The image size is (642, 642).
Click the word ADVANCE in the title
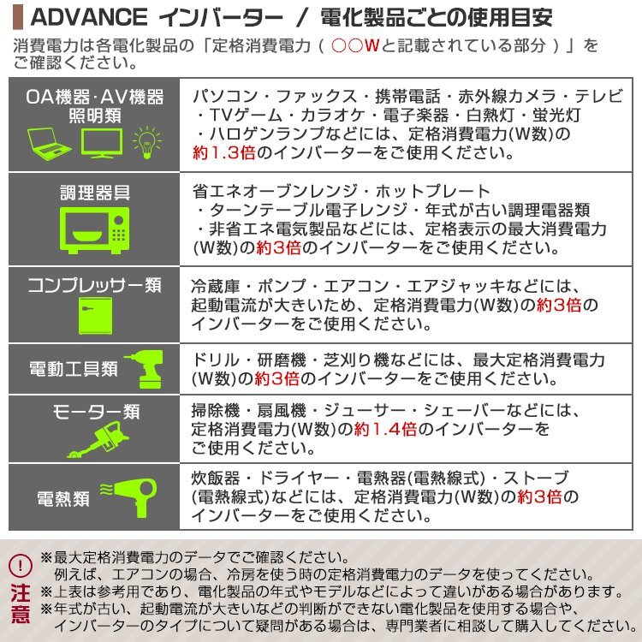(80, 17)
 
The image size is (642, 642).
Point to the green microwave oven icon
(94, 230)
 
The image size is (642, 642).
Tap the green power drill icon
(142, 369)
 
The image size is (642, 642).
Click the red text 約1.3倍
(224, 154)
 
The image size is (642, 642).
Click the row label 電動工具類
(74, 370)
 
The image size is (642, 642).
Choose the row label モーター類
(94, 411)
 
